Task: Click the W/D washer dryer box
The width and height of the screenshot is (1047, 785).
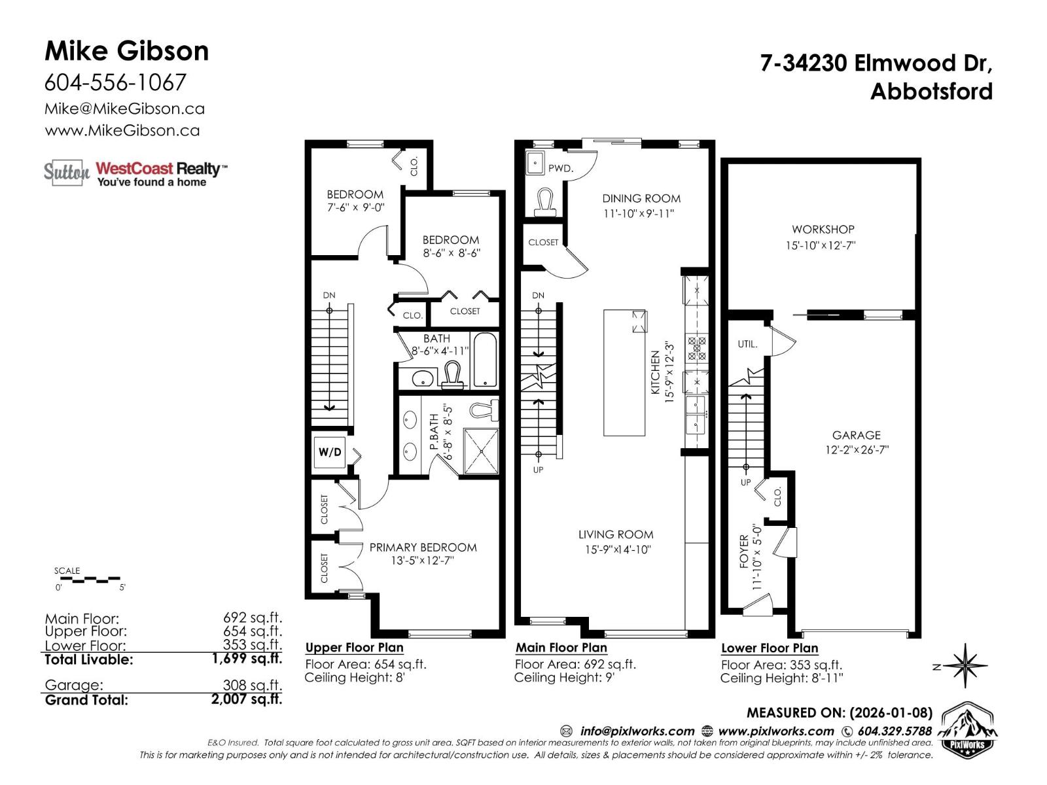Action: coord(330,452)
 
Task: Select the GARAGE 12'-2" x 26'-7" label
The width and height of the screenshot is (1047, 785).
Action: coord(856,442)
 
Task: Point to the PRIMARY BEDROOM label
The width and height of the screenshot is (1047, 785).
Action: coord(423,548)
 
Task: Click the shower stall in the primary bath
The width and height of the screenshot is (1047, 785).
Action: coord(481,451)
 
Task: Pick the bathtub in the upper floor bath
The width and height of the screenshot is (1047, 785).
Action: coord(485,361)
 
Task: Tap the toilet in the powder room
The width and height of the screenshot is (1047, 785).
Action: coord(544,203)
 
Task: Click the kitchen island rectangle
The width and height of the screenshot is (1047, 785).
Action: coord(625,373)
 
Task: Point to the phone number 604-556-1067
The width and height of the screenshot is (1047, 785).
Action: coord(115,82)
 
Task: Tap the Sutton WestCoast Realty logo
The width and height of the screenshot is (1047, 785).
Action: coord(135,173)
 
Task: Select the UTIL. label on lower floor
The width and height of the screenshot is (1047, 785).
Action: coord(748,344)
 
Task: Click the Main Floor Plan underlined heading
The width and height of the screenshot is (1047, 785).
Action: coord(561,648)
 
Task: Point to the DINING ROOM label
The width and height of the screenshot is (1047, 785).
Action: coord(641,198)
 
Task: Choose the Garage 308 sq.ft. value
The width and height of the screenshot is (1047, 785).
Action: coord(252,685)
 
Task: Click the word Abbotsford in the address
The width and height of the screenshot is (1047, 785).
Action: coord(931,91)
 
